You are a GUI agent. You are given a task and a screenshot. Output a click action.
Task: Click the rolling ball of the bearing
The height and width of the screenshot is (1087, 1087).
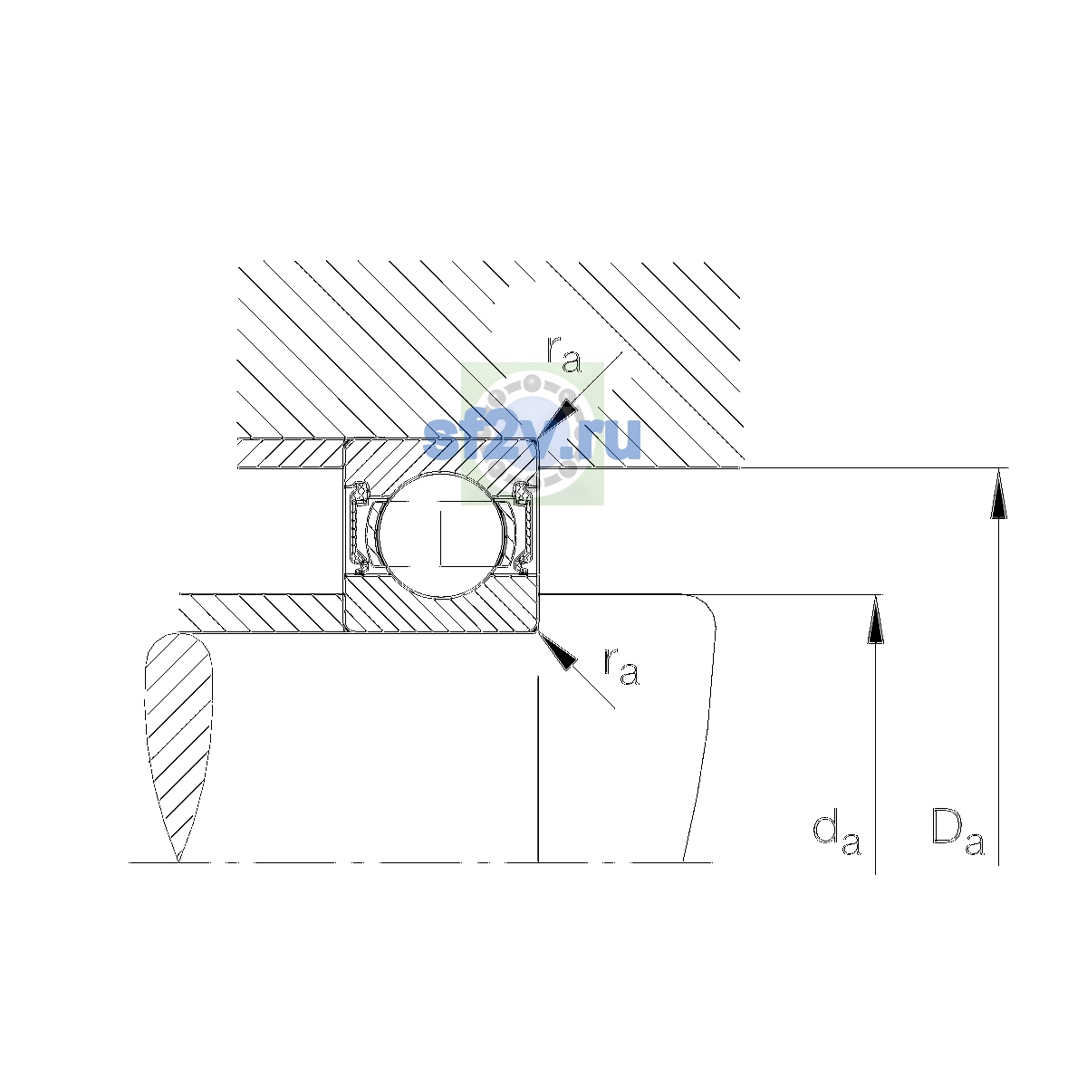click(x=442, y=534)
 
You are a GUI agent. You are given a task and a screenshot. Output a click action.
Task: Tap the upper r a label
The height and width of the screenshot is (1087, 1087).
click(x=563, y=354)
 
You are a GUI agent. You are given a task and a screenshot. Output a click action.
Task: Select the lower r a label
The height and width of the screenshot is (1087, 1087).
click(x=621, y=667)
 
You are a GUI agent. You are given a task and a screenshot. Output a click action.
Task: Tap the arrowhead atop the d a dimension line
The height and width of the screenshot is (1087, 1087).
click(x=875, y=620)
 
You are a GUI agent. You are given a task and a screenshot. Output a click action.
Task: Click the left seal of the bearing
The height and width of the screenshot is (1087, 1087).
click(x=359, y=528)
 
